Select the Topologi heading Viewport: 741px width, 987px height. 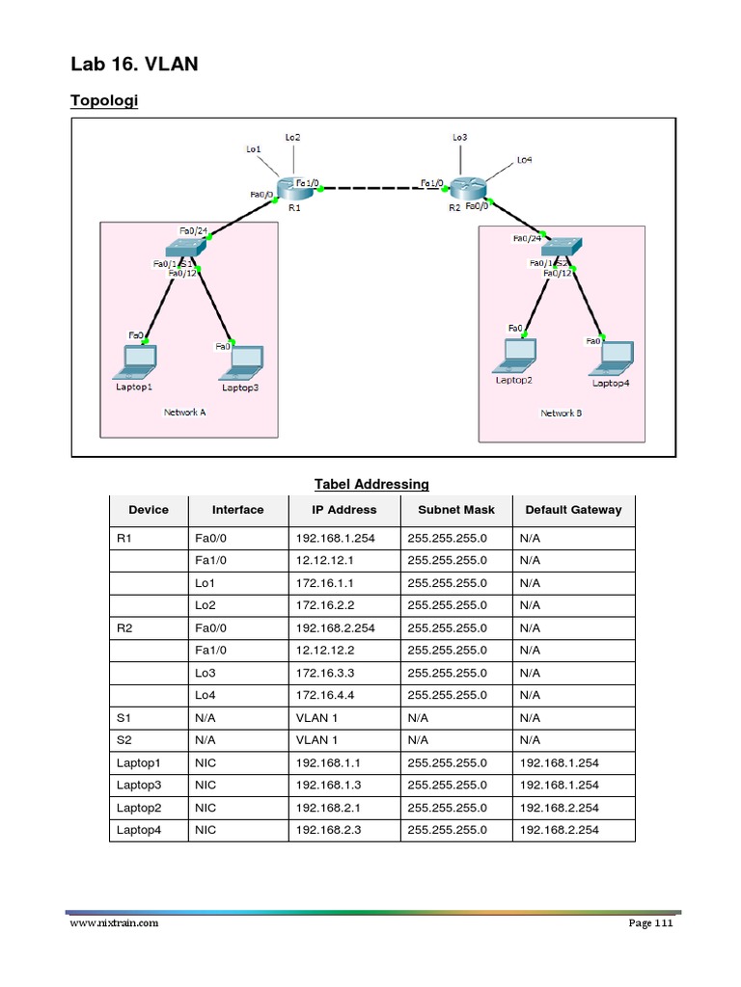coord(104,101)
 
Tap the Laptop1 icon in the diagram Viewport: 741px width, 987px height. coord(136,360)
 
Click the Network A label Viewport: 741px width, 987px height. coord(184,412)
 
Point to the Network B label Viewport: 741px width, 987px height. coord(562,413)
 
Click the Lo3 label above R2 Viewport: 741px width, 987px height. coord(460,138)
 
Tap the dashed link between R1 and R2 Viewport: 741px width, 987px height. coord(372,187)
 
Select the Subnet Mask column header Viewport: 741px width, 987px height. coord(456,510)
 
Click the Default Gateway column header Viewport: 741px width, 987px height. coord(573,510)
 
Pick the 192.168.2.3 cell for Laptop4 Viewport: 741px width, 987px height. coord(326,830)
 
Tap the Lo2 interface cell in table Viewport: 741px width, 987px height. coord(206,605)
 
